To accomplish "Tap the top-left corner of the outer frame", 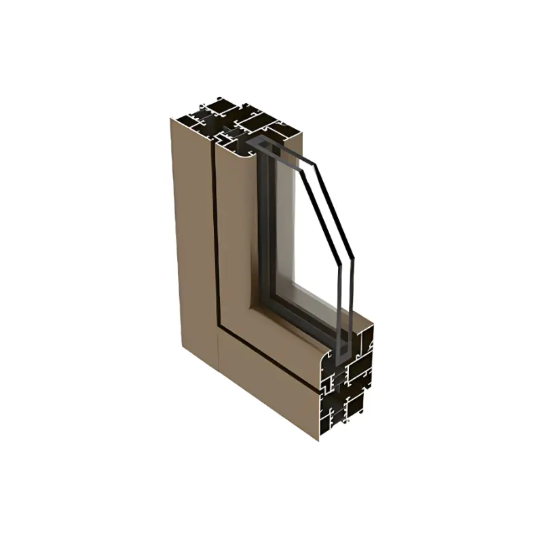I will [171, 119].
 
